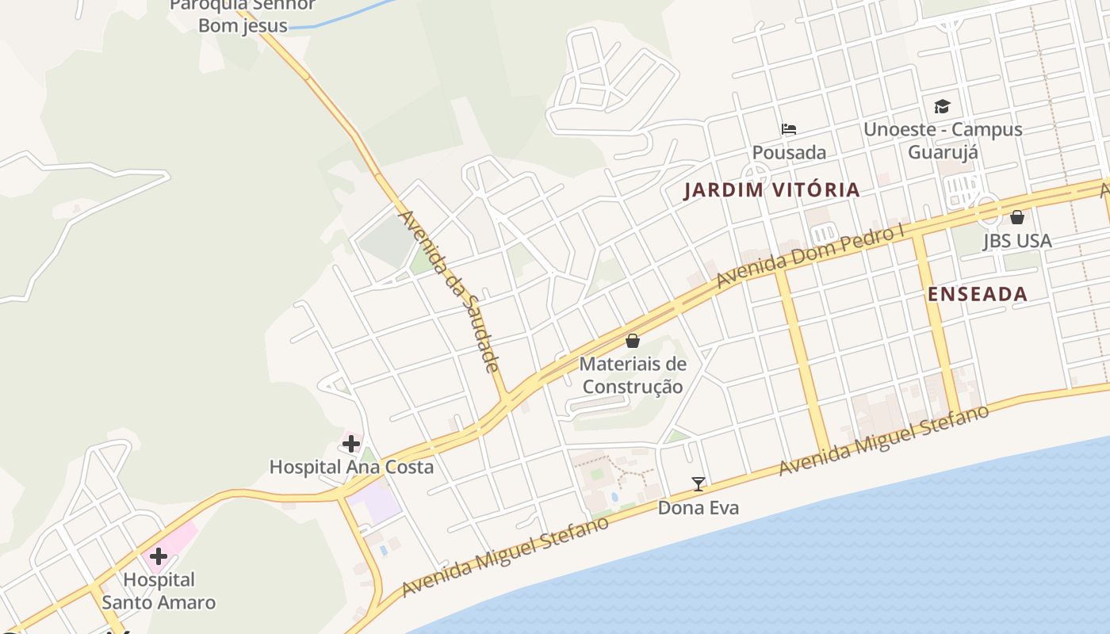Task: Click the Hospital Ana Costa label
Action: click(351, 467)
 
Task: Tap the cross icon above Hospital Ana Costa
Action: click(351, 443)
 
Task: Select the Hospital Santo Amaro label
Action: click(159, 591)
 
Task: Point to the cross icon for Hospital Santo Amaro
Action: click(159, 556)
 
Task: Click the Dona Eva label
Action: click(699, 507)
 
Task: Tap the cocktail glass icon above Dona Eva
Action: click(699, 483)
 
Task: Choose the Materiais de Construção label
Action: click(633, 376)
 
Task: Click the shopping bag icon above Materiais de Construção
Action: click(633, 342)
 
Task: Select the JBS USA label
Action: click(1017, 241)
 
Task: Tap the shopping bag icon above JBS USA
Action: click(1017, 217)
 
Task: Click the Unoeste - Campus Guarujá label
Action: click(943, 140)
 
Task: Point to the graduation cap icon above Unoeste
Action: click(942, 106)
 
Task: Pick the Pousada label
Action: click(789, 152)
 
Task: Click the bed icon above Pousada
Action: click(789, 128)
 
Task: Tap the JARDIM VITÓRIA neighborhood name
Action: click(771, 189)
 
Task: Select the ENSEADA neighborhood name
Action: click(978, 294)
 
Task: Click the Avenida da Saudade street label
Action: click(449, 291)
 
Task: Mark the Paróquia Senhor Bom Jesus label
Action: click(243, 15)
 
